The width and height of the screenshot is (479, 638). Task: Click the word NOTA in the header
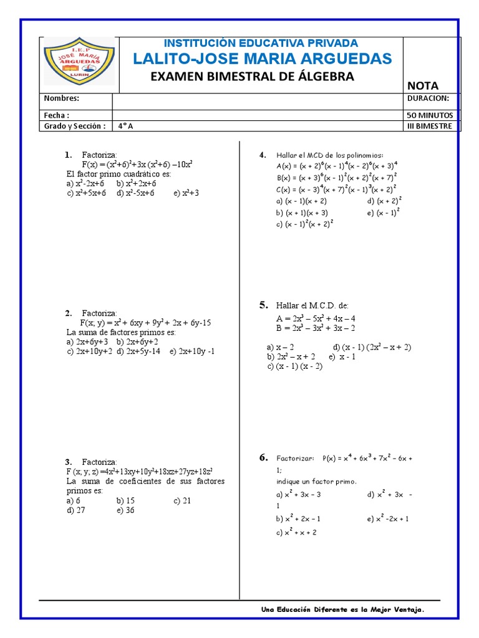pos(423,85)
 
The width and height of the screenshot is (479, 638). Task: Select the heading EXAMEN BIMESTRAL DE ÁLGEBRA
pos(253,77)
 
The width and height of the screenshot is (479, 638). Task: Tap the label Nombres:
pos(61,98)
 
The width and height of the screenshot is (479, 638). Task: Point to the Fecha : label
pos(56,115)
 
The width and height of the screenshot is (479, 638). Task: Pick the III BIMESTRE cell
pos(430,126)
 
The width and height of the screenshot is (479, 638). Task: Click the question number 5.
pos(263,305)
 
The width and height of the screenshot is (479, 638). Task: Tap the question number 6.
pos(263,458)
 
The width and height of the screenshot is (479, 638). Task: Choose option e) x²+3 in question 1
pos(186,193)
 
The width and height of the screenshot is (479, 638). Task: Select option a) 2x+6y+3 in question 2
pos(87,341)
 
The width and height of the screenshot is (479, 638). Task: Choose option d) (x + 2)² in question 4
pos(384,201)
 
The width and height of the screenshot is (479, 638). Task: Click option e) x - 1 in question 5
pos(342,356)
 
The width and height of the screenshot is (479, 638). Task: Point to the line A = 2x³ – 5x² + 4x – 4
pos(316,318)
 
